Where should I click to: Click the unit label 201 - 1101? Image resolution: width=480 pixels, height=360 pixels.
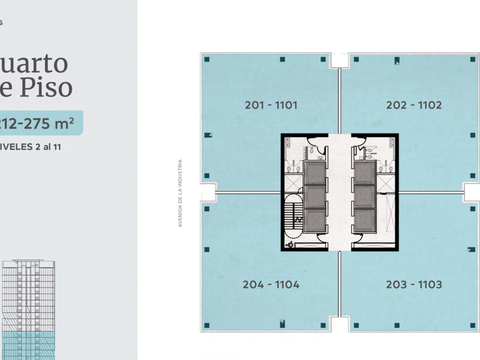click(x=271, y=105)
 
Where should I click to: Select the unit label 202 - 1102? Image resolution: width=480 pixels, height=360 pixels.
click(x=414, y=105)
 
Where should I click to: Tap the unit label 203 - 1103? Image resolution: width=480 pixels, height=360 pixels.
click(x=414, y=285)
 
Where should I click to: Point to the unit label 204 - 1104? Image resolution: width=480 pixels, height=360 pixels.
click(x=271, y=285)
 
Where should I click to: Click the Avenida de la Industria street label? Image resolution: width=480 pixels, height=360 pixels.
click(x=179, y=193)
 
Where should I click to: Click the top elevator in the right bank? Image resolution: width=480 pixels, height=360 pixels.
click(x=364, y=172)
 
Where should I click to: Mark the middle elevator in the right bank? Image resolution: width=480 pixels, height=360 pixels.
click(x=364, y=196)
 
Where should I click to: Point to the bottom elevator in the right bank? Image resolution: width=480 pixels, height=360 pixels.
click(x=364, y=220)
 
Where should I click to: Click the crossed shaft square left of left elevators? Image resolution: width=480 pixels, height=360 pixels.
click(x=293, y=183)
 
